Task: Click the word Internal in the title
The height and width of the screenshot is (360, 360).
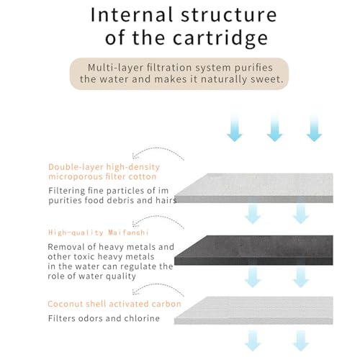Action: tap(132, 15)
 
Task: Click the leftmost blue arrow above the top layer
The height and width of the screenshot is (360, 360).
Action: tap(235, 128)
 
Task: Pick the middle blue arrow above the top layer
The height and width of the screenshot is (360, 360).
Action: tap(274, 128)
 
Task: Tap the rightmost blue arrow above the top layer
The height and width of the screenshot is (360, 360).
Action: tap(314, 128)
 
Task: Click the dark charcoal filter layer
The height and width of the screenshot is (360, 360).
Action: tap(253, 250)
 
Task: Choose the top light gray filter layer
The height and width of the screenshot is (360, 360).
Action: tap(253, 188)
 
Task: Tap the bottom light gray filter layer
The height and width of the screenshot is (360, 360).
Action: tap(253, 310)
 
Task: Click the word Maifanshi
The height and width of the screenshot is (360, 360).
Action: tap(128, 233)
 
